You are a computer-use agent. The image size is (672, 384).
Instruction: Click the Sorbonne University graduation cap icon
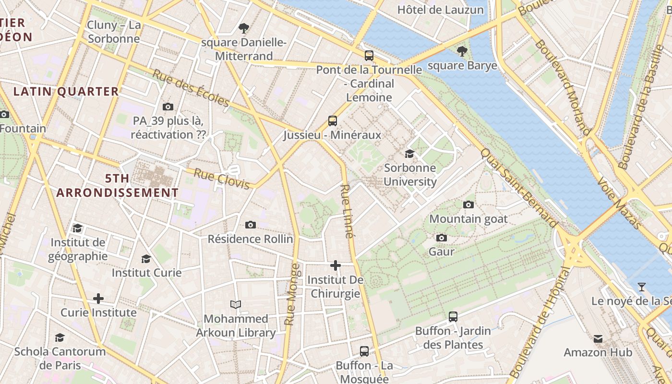click(x=409, y=154)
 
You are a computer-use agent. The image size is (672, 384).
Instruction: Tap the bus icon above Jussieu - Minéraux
click(x=333, y=120)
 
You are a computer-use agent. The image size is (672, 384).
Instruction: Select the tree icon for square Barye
click(x=462, y=50)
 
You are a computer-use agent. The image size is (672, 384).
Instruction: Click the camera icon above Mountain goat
click(x=468, y=204)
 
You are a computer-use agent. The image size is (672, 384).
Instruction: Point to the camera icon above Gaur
click(x=442, y=238)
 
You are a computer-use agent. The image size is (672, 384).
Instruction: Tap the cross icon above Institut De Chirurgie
click(x=336, y=265)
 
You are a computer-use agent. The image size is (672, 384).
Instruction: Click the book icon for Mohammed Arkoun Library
click(x=236, y=304)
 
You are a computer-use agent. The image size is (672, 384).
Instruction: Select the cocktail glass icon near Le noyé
click(x=641, y=287)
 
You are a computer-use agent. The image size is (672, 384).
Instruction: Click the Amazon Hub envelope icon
click(x=598, y=338)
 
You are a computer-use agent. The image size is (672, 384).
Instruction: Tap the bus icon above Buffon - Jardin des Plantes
click(x=453, y=316)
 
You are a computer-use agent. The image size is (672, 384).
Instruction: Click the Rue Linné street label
click(x=347, y=211)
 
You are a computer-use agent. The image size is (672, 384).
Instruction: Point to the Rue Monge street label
click(x=292, y=294)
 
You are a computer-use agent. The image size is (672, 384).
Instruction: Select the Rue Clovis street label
click(x=222, y=178)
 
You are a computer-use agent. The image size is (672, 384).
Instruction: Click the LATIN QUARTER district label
click(x=66, y=91)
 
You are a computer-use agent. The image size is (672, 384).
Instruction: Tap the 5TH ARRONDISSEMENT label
click(x=118, y=186)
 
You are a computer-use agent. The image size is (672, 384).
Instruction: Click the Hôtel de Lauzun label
click(x=441, y=10)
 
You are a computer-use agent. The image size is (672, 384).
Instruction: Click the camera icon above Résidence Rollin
click(x=250, y=225)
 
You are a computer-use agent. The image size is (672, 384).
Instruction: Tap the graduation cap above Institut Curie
click(x=146, y=259)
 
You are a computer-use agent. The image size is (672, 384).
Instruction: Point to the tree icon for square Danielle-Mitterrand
click(x=244, y=28)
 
